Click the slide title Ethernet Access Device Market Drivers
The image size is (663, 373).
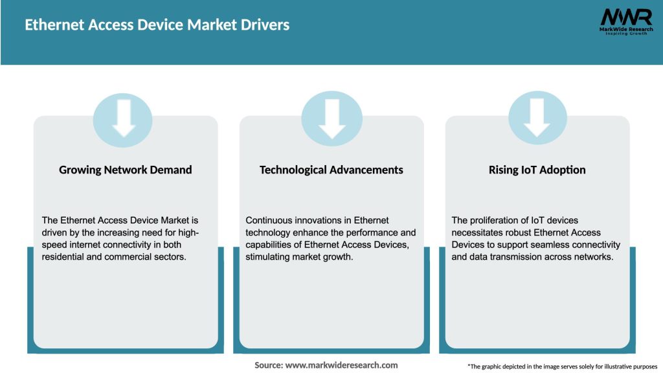[157, 25]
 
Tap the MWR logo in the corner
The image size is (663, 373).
[626, 17]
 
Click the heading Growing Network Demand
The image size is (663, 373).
[126, 170]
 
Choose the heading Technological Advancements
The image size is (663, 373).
[331, 170]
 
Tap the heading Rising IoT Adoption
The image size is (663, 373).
[537, 170]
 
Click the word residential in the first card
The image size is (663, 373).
[65, 257]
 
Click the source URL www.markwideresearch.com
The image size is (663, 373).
[341, 365]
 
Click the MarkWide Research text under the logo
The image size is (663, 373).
[625, 30]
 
